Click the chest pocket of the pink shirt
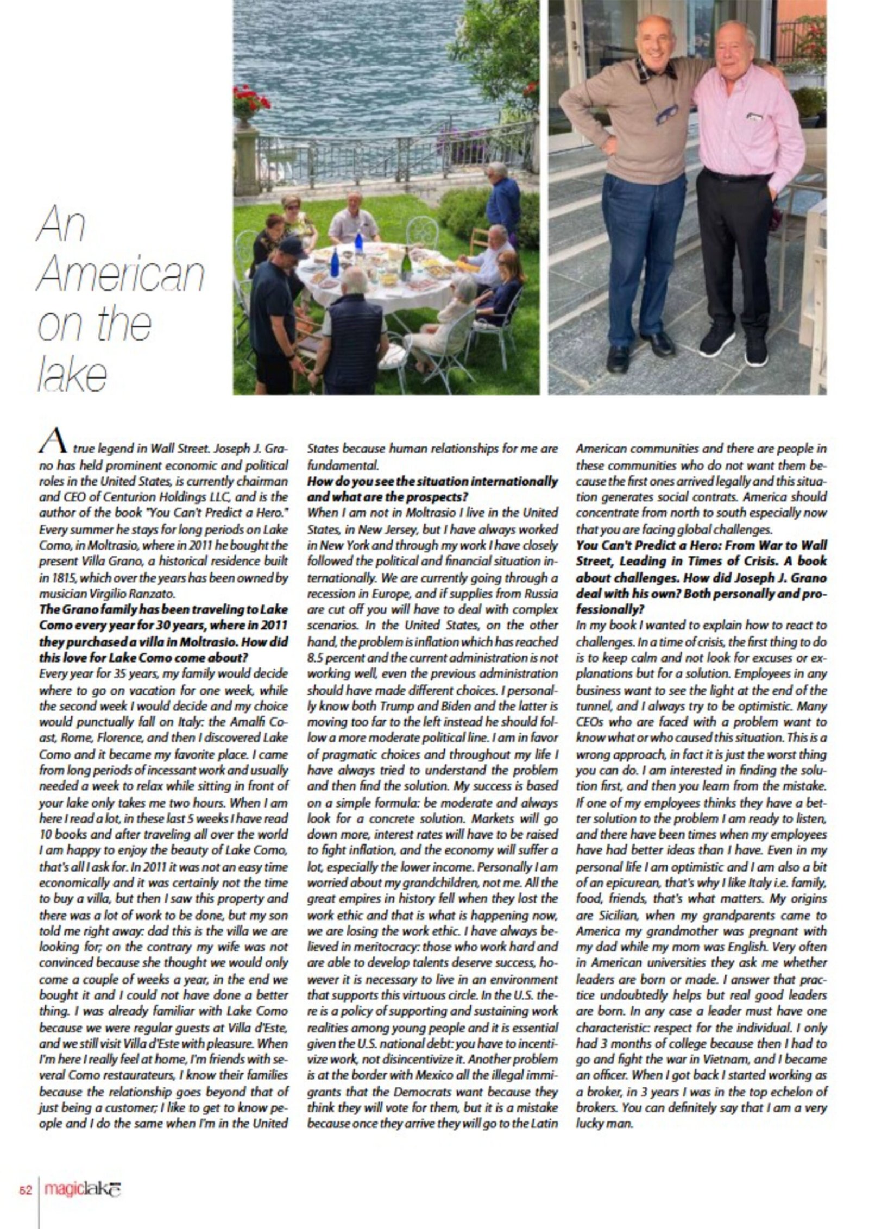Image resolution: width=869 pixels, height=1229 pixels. pyautogui.click(x=756, y=116)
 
